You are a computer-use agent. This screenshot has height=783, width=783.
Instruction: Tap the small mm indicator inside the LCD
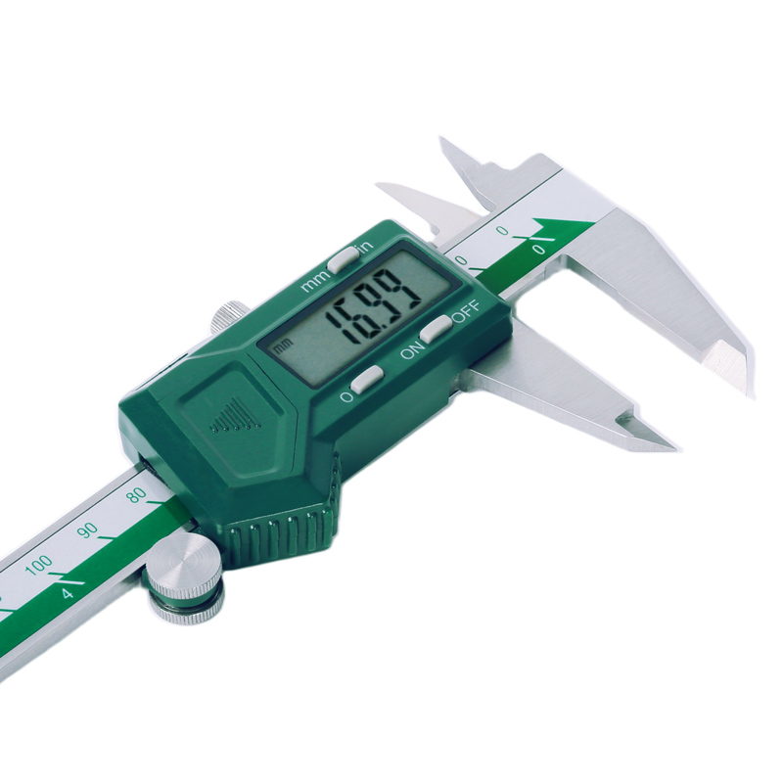point(284,345)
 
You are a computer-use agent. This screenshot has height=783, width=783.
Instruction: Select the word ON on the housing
point(412,349)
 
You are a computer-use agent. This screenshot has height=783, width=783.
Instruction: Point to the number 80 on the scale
point(137,495)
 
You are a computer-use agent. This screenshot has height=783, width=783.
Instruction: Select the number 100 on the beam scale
point(39,565)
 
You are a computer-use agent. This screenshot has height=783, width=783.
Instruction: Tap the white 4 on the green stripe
point(67,594)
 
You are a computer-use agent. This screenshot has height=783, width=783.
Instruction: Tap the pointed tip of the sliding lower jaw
point(671,446)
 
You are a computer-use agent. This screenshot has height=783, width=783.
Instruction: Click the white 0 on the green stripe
point(537,251)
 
